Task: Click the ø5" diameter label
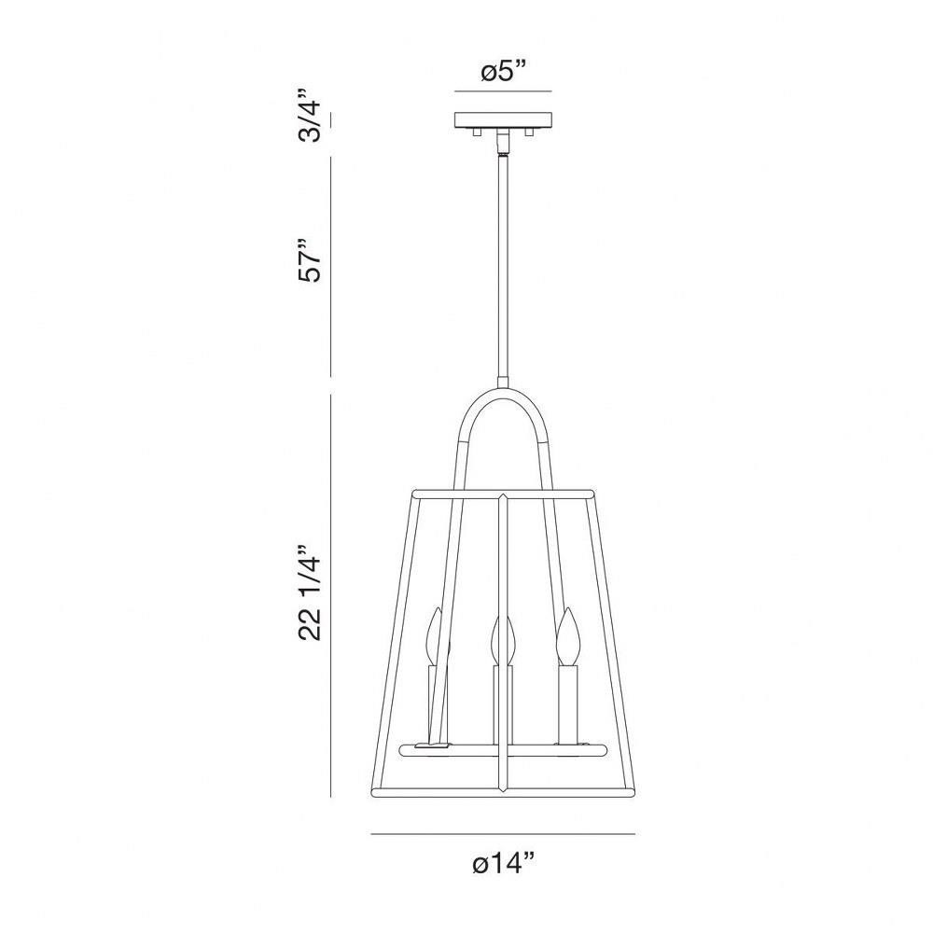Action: click(504, 73)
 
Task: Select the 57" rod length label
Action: click(310, 261)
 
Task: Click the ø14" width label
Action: click(504, 862)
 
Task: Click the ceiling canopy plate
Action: click(504, 119)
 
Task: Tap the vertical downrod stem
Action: click(504, 266)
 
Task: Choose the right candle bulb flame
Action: click(566, 635)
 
